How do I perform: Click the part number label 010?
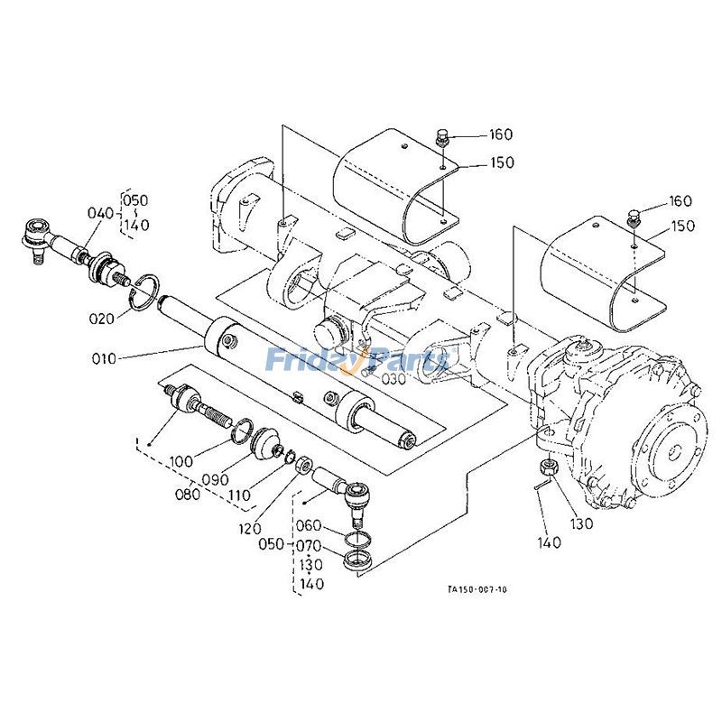[105, 357]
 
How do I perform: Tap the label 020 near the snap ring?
[101, 319]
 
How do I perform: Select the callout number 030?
[393, 378]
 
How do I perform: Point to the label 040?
[100, 213]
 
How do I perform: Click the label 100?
[181, 461]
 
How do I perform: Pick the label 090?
[216, 479]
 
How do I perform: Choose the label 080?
[188, 494]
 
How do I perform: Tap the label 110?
[239, 495]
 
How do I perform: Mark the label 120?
[250, 529]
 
